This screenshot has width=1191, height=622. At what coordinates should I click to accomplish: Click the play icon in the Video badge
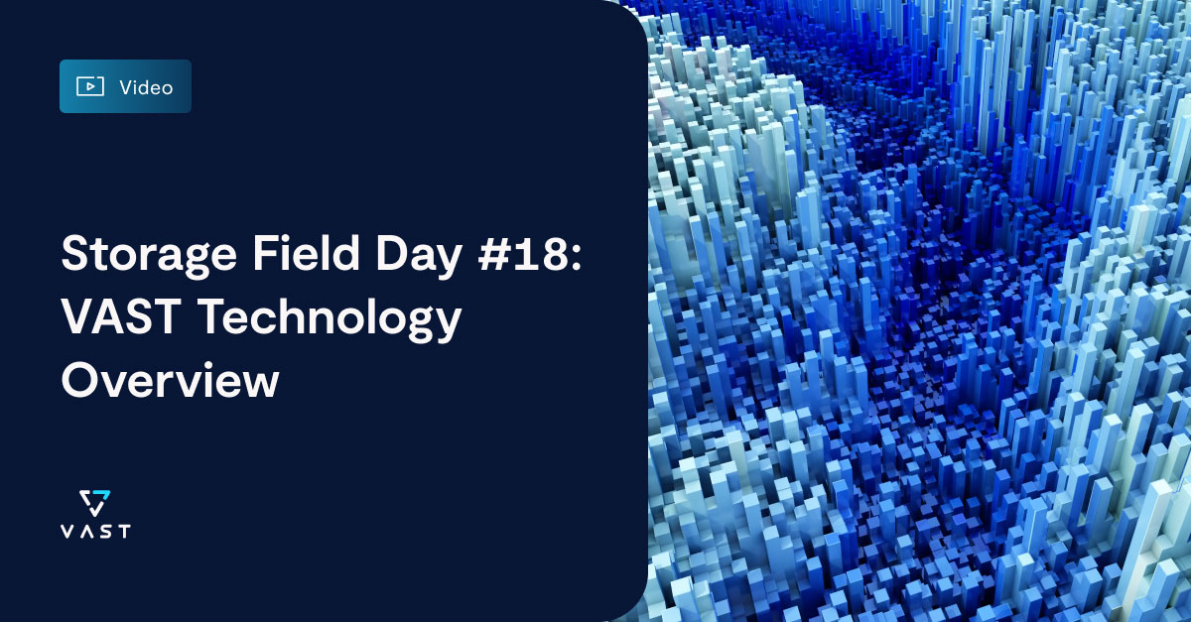pyautogui.click(x=90, y=86)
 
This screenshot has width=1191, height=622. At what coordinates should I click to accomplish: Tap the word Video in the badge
pyautogui.click(x=146, y=87)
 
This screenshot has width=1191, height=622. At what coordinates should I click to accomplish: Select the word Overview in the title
pyautogui.click(x=170, y=380)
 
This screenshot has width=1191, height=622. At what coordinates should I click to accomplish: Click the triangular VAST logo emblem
pyautogui.click(x=94, y=501)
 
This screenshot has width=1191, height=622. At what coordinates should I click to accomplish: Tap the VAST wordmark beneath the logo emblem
pyautogui.click(x=94, y=531)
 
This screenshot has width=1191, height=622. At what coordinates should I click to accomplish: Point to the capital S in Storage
pyautogui.click(x=75, y=255)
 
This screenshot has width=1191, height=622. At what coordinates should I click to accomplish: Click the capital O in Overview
pyautogui.click(x=79, y=380)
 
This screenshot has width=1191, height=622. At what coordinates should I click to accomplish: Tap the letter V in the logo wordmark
pyautogui.click(x=66, y=531)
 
